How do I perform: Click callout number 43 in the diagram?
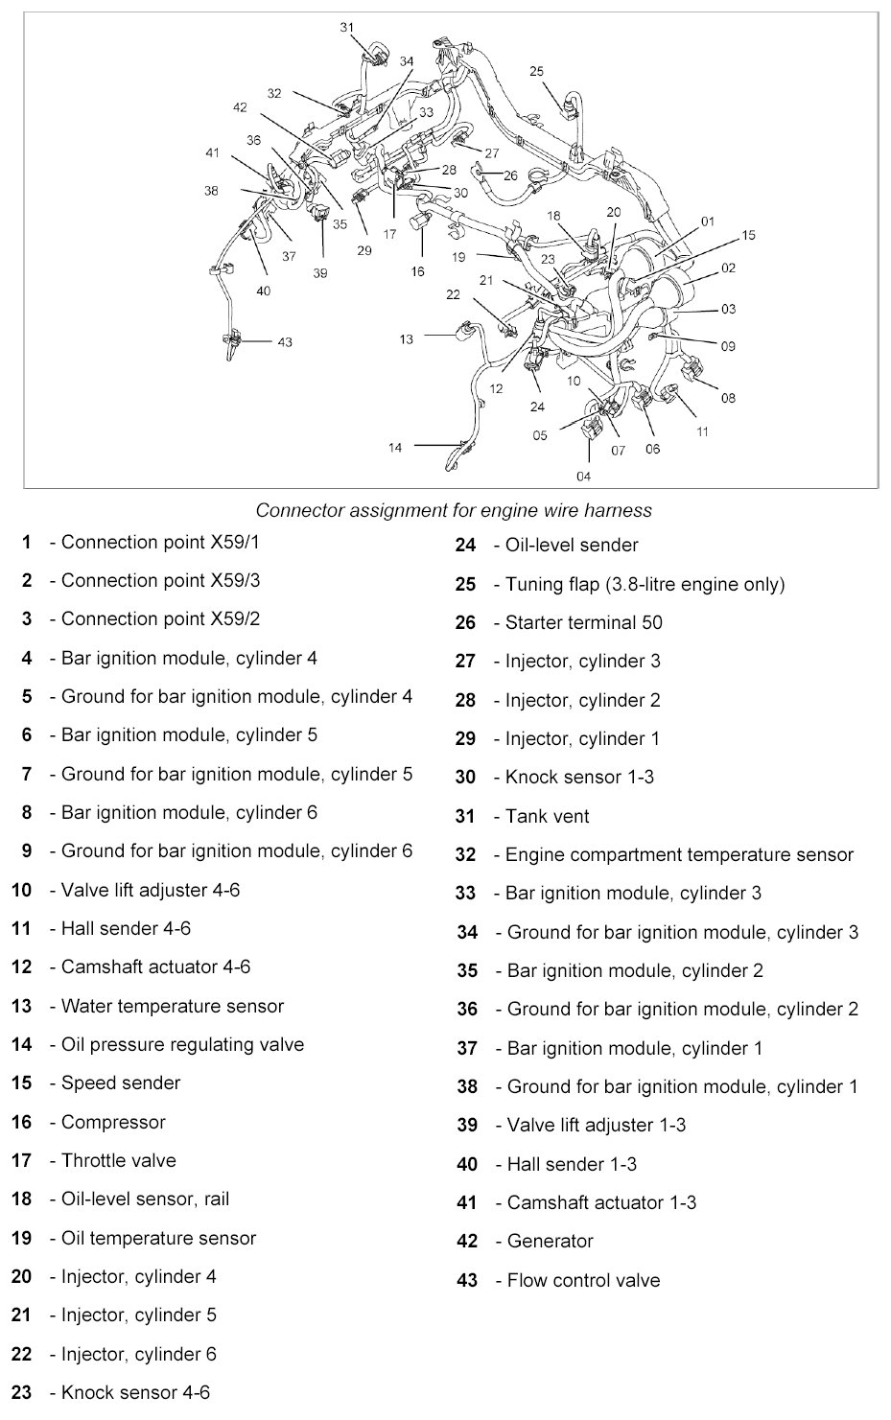click(285, 342)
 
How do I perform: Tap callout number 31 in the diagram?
click(347, 27)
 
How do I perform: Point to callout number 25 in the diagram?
click(536, 71)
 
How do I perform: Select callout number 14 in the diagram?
click(395, 447)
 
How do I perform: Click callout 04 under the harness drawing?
click(583, 477)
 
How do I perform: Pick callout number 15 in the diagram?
click(748, 235)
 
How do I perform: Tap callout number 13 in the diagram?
click(407, 338)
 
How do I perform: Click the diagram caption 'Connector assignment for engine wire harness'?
click(454, 511)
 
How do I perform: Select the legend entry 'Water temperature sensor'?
click(172, 1006)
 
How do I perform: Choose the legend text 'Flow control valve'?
click(583, 1280)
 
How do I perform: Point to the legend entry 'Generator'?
click(550, 1241)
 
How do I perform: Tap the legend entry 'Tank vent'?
click(547, 816)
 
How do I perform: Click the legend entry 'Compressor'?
click(113, 1122)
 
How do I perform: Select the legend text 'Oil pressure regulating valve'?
click(182, 1044)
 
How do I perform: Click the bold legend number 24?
click(465, 546)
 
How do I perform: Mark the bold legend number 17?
click(22, 1160)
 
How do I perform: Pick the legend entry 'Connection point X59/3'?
click(160, 580)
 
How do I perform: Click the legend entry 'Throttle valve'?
click(119, 1160)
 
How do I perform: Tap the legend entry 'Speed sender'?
click(121, 1082)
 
